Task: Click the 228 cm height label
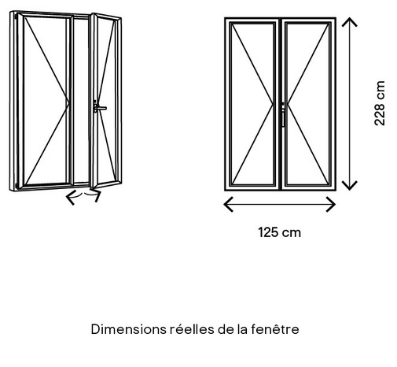click(x=380, y=103)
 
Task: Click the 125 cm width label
click(x=279, y=232)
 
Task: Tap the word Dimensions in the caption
click(x=128, y=329)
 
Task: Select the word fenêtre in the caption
click(x=275, y=329)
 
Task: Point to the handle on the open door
click(x=100, y=107)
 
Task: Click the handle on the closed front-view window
click(x=283, y=116)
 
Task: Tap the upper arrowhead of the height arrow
click(x=350, y=22)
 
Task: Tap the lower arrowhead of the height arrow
click(x=350, y=185)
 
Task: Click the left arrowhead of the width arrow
click(x=228, y=204)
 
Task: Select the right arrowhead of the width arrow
click(x=331, y=204)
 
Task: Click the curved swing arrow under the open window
click(x=83, y=195)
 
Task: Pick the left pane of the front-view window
click(x=252, y=104)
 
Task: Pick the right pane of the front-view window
click(x=307, y=104)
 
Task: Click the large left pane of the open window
click(x=46, y=101)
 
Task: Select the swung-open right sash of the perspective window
click(x=106, y=101)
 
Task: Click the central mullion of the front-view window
click(x=280, y=104)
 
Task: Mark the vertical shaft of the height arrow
click(x=350, y=104)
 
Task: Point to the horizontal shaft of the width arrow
click(x=280, y=204)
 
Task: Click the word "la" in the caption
click(x=242, y=329)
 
